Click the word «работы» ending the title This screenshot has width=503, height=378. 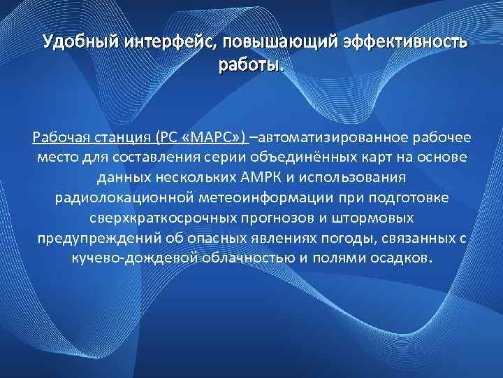249,66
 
